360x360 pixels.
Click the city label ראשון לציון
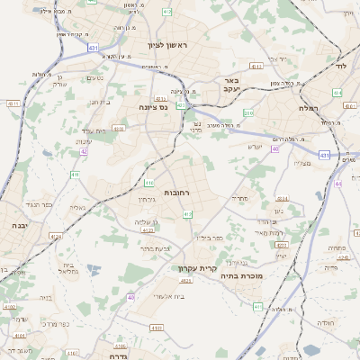[171, 44]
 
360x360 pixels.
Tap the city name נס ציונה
[156, 107]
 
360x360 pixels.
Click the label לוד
[339, 67]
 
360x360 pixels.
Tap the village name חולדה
[324, 322]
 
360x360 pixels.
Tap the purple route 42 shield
[84, 152]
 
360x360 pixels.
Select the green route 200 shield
[247, 112]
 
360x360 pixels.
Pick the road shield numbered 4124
[57, 236]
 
